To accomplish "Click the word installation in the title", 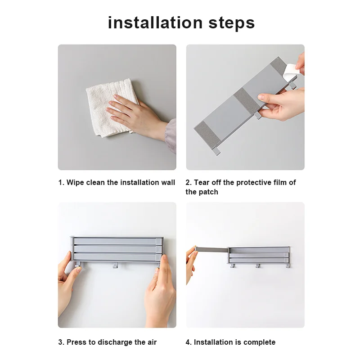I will pos(155,22).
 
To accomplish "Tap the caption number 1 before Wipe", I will pos(60,182).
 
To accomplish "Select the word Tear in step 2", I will pos(202,182).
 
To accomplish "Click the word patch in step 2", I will pos(208,192).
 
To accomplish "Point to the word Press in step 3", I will pos(76,342).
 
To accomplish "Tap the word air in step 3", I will pos(151,342).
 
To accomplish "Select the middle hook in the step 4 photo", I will pos(258,266).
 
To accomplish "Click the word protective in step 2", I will pos(253,182).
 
